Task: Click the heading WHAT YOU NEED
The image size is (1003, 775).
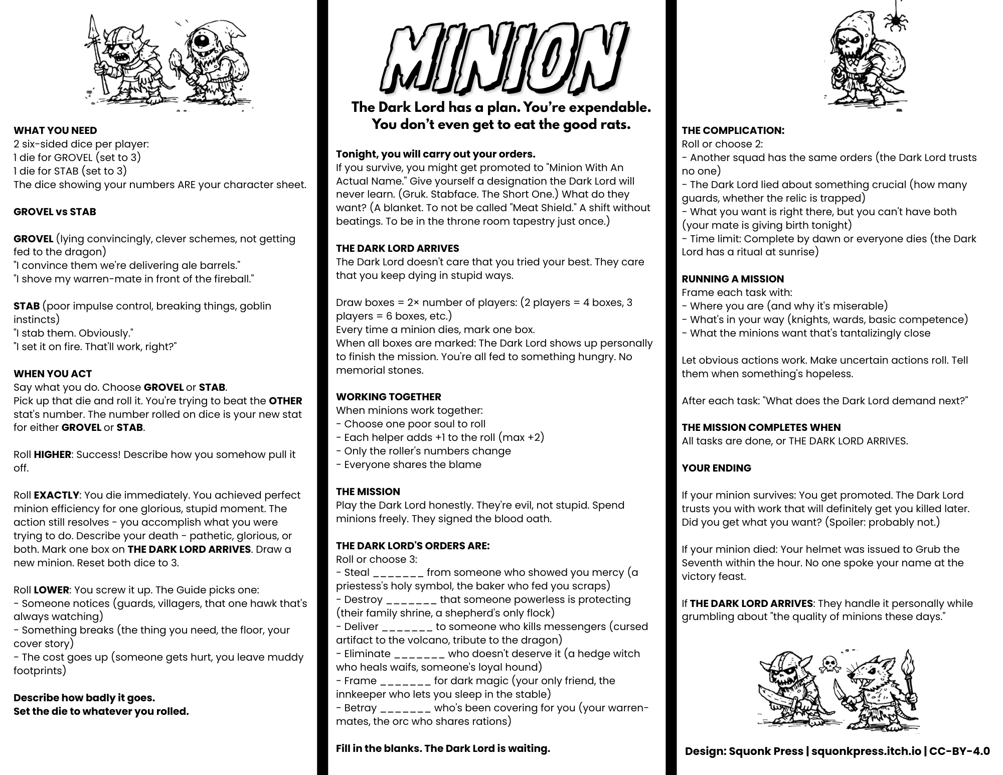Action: (x=55, y=130)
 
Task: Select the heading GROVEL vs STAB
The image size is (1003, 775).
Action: (x=55, y=212)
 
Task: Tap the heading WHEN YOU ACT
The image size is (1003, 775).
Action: (x=53, y=374)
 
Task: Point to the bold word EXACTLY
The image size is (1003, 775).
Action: (x=56, y=495)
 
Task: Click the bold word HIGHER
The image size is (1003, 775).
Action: (x=52, y=454)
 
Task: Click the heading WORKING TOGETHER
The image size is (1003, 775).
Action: (x=389, y=397)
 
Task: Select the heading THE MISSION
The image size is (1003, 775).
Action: (x=368, y=492)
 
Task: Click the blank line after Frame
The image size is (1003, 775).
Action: (x=405, y=682)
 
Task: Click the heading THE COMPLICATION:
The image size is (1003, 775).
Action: (x=733, y=130)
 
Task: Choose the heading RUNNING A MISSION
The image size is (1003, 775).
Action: (x=733, y=279)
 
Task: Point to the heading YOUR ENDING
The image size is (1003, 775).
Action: (x=716, y=468)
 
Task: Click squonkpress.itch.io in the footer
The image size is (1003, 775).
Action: (x=866, y=751)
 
